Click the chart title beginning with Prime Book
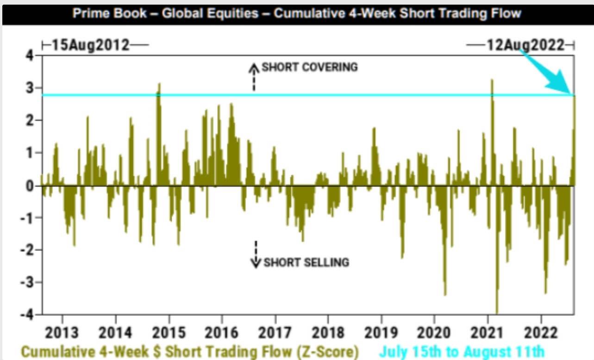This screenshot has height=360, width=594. (x=296, y=13)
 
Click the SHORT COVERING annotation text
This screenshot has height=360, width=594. (x=310, y=67)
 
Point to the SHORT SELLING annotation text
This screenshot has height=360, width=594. (x=306, y=263)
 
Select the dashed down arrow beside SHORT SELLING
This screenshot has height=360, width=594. (x=256, y=254)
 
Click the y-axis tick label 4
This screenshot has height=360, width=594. (x=30, y=56)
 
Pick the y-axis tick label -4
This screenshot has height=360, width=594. (x=28, y=315)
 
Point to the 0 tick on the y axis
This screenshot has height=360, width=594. (x=30, y=186)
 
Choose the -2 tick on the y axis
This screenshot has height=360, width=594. (x=28, y=250)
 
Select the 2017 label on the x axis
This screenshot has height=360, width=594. (x=275, y=333)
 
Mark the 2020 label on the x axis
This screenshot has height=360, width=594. (x=434, y=333)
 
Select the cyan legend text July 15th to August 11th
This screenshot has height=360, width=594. (x=462, y=351)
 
